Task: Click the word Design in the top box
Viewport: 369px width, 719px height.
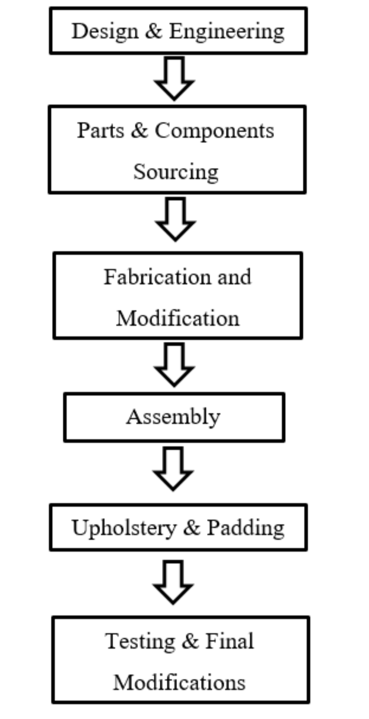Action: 104,31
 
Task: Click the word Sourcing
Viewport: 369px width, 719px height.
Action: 176,172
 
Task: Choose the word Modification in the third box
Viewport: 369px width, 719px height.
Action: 177,318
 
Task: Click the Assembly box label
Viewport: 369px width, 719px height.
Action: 173,417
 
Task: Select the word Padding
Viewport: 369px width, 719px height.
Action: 245,527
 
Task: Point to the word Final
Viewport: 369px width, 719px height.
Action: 229,642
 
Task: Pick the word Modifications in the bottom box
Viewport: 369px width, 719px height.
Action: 179,683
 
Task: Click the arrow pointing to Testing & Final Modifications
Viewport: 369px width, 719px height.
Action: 173,582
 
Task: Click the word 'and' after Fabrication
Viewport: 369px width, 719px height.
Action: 234,277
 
